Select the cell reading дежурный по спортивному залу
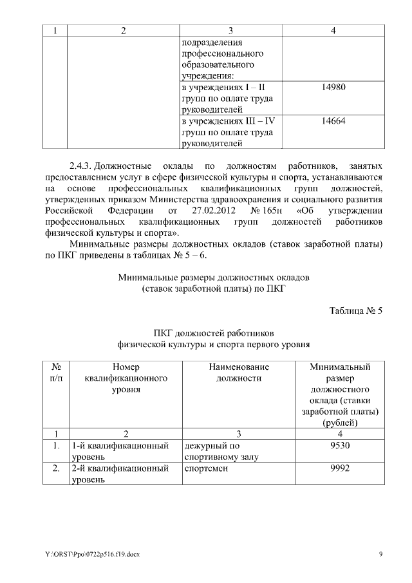(216, 451)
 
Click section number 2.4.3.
(81, 167)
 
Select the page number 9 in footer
(380, 554)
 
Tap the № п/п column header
(56, 373)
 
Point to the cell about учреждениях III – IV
(229, 131)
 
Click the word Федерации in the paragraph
(130, 211)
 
